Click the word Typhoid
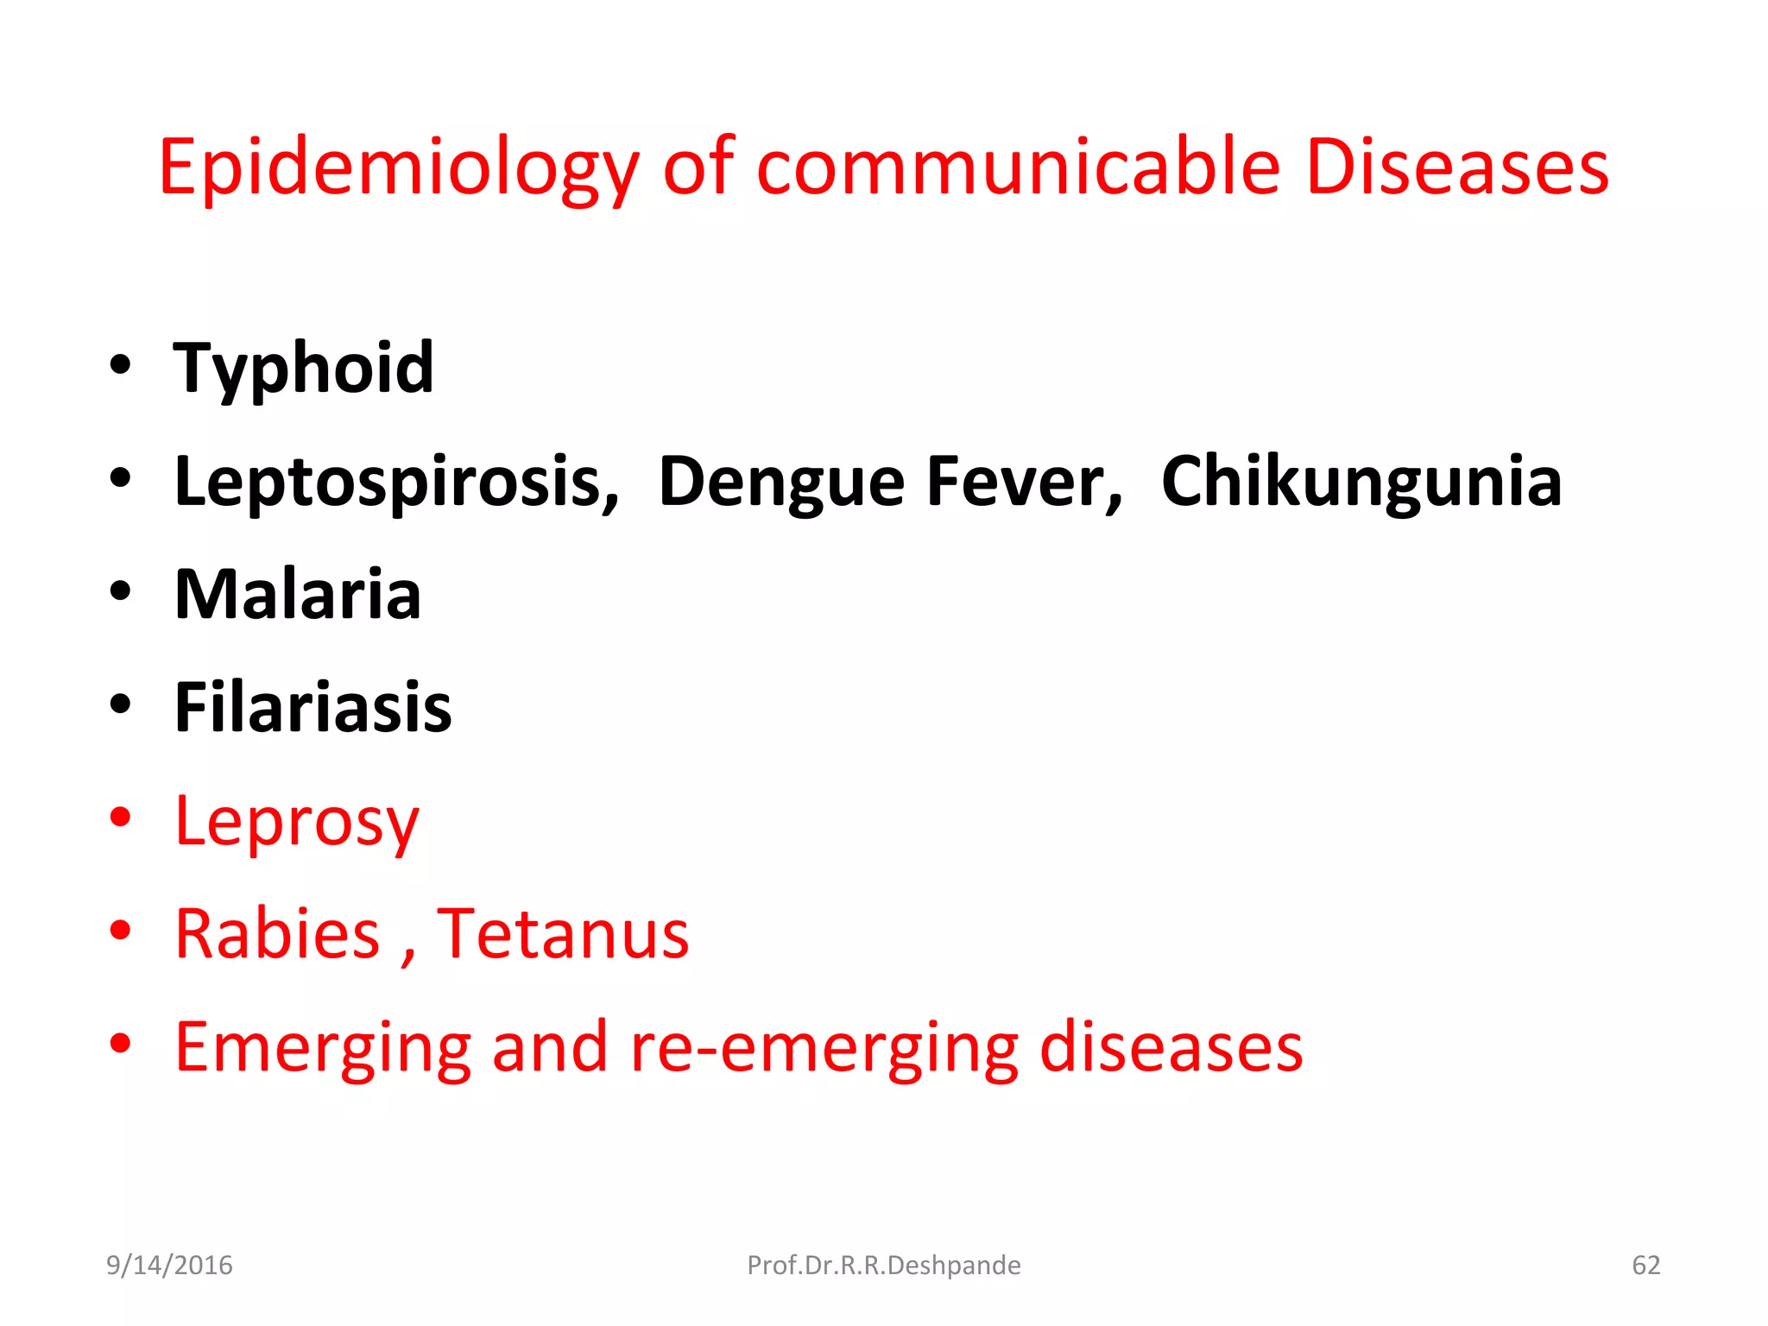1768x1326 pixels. (x=304, y=369)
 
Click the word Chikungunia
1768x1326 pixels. (x=1361, y=482)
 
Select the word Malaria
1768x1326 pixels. (x=298, y=595)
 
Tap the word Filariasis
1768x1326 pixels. (x=313, y=708)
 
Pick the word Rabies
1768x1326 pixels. (x=277, y=934)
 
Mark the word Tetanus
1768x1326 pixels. (x=563, y=934)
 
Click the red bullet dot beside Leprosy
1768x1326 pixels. (x=121, y=817)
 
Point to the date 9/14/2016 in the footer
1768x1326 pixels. (x=169, y=1266)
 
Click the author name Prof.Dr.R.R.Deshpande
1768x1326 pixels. (x=883, y=1266)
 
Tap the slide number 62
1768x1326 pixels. (x=1645, y=1266)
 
